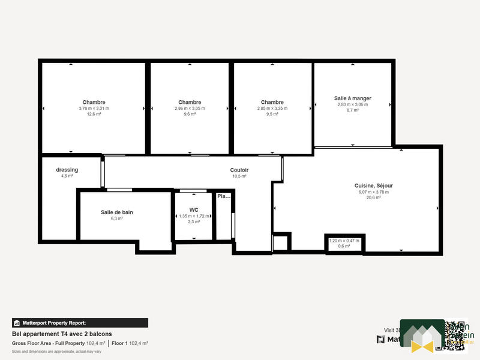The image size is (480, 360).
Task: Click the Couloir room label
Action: (239, 170)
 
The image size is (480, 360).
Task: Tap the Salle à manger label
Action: (352, 98)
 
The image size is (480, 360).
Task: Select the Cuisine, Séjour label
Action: (373, 186)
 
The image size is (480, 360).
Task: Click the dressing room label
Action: (67, 170)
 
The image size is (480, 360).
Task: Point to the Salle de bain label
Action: (116, 212)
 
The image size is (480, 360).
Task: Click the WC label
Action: (194, 210)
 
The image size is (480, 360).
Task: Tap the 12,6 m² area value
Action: (94, 114)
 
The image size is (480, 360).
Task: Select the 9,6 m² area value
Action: (190, 114)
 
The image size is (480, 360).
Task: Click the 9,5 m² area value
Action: (272, 114)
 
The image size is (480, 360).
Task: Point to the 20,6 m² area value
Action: (373, 197)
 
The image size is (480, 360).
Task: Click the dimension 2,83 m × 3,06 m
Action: (352, 104)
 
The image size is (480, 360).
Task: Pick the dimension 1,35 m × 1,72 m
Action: (194, 216)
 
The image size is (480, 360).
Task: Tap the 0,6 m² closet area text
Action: (344, 246)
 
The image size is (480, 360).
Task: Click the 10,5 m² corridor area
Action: (239, 176)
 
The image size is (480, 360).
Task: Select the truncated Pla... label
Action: (224, 196)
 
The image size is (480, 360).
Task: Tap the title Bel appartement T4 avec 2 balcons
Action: (62, 334)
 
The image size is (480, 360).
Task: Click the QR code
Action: (455, 335)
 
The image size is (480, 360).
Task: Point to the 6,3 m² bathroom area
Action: (116, 219)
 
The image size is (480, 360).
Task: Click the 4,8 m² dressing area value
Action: (67, 176)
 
